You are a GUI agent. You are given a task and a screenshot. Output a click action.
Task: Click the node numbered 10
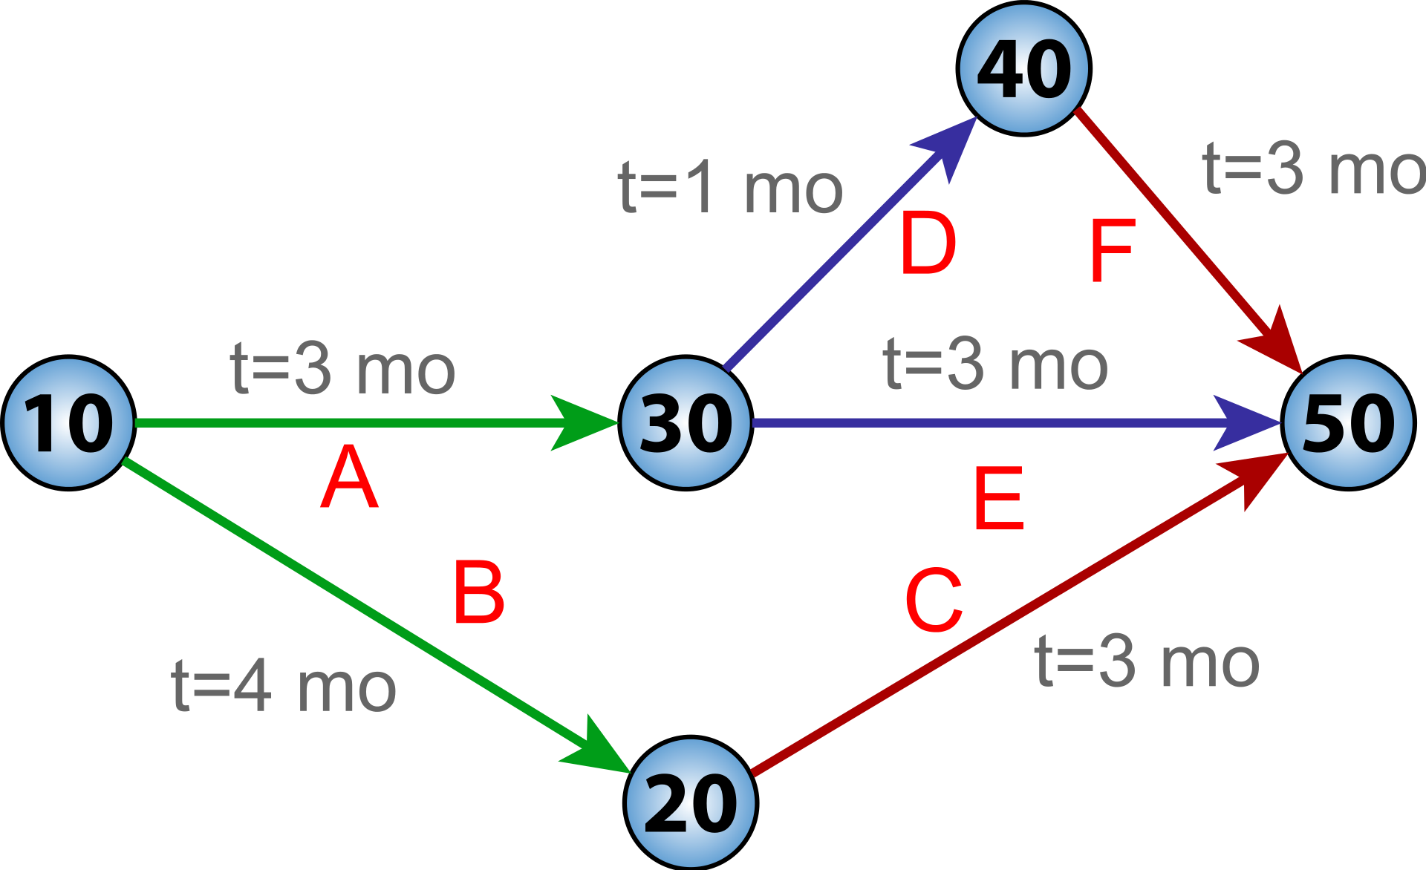[68, 423]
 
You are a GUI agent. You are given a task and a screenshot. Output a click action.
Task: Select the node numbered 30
[686, 423]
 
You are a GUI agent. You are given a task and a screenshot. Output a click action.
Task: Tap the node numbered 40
[1024, 68]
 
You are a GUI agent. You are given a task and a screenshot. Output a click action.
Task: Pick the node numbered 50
[1348, 423]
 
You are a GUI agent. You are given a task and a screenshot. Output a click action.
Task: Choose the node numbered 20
[691, 802]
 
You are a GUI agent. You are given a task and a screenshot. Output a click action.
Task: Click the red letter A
[350, 477]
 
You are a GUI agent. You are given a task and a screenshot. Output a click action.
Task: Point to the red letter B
[479, 592]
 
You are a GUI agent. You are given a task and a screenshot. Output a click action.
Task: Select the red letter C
[934, 600]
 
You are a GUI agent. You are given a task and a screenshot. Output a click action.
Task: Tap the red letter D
[928, 243]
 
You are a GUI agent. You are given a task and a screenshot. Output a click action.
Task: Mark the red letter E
[999, 498]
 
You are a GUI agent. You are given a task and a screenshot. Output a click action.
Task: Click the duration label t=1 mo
[731, 189]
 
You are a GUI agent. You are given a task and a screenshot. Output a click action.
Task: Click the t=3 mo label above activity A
[343, 369]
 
